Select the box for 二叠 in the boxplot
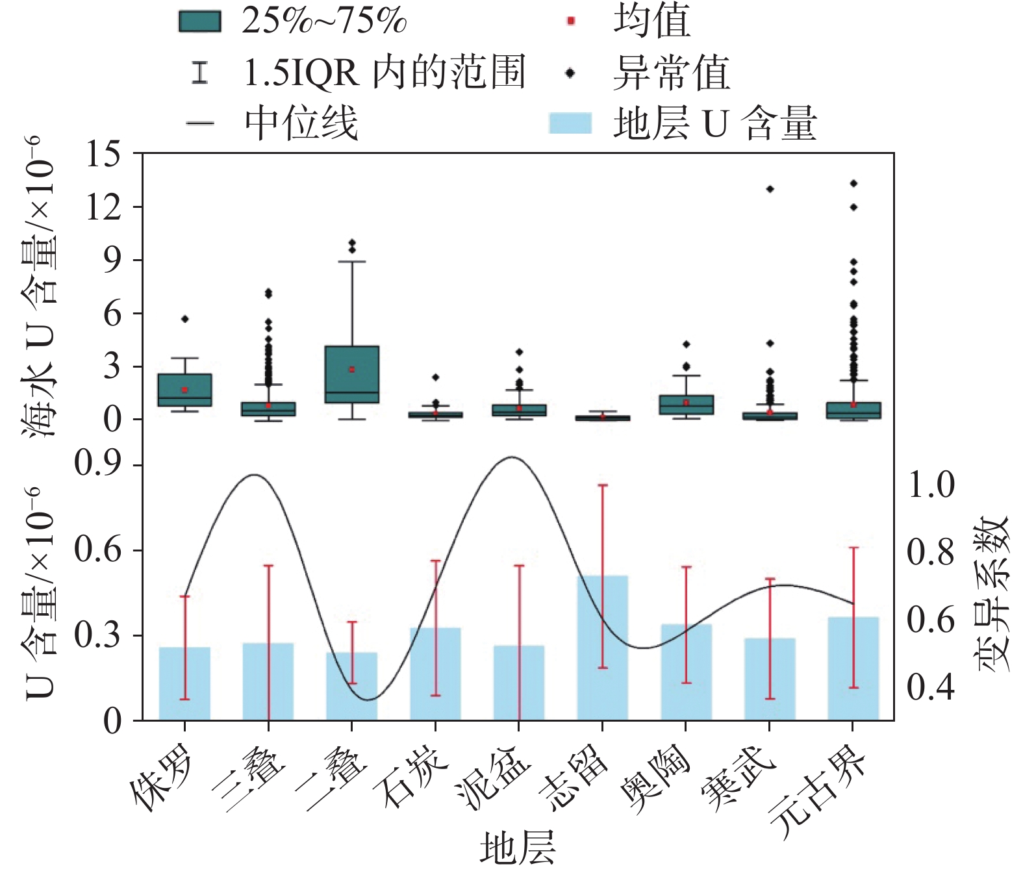pyautogui.click(x=352, y=374)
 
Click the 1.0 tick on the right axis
pyautogui.click(x=930, y=485)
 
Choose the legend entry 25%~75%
pyautogui.click(x=292, y=21)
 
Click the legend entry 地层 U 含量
pyautogui.click(x=682, y=123)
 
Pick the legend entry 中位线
pyautogui.click(x=273, y=123)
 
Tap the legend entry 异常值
pyautogui.click(x=650, y=73)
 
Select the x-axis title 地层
pyautogui.click(x=518, y=848)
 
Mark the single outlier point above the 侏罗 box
pyautogui.click(x=185, y=319)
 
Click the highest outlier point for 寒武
pyautogui.click(x=770, y=189)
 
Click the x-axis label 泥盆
pyautogui.click(x=494, y=776)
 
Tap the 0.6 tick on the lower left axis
pyautogui.click(x=97, y=550)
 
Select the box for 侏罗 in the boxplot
pyautogui.click(x=185, y=390)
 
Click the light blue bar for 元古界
pyautogui.click(x=853, y=668)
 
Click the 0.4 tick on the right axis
pyautogui.click(x=930, y=687)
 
